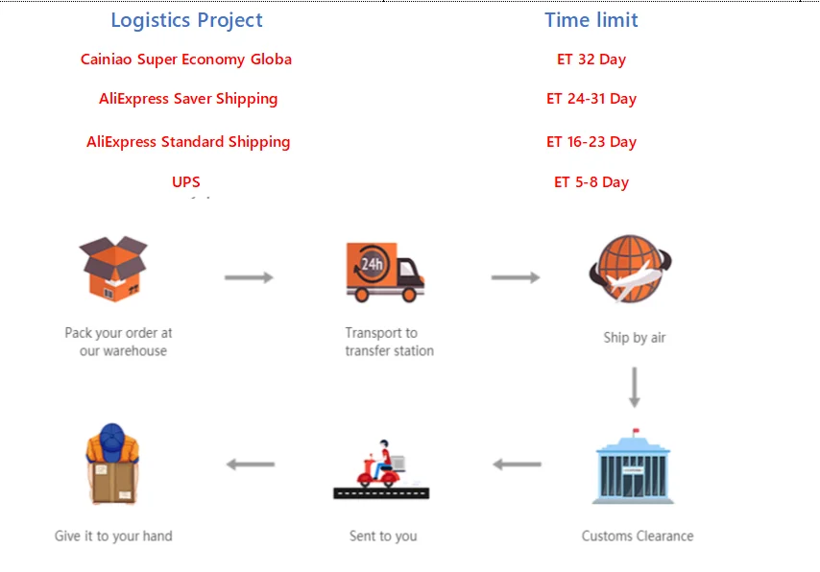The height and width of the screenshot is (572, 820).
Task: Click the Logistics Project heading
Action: pos(186,20)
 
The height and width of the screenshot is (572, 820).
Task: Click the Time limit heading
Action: pos(591,20)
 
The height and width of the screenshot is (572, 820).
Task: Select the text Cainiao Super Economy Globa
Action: pos(186,60)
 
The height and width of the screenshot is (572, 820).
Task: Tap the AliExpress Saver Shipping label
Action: pos(188,99)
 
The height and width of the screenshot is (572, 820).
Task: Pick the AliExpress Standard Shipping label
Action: pos(188,142)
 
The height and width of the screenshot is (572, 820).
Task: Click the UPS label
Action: pos(186,181)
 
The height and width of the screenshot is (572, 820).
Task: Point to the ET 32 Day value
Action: pos(591,60)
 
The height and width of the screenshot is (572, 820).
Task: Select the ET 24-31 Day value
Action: pos(591,99)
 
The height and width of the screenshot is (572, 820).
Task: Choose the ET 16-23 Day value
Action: pos(591,142)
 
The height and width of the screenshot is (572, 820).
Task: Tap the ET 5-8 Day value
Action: pos(591,182)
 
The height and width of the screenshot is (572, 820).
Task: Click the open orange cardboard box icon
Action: pos(113,269)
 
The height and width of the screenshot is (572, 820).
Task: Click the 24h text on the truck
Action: pos(372,264)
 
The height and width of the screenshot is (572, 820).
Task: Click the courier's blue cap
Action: pos(112,439)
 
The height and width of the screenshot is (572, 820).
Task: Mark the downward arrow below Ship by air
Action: pos(635,388)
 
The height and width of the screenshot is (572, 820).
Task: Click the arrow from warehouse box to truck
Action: pos(249,277)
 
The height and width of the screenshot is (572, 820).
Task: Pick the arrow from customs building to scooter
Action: pos(518,464)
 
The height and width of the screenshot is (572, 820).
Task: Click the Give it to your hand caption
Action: pos(113,536)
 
